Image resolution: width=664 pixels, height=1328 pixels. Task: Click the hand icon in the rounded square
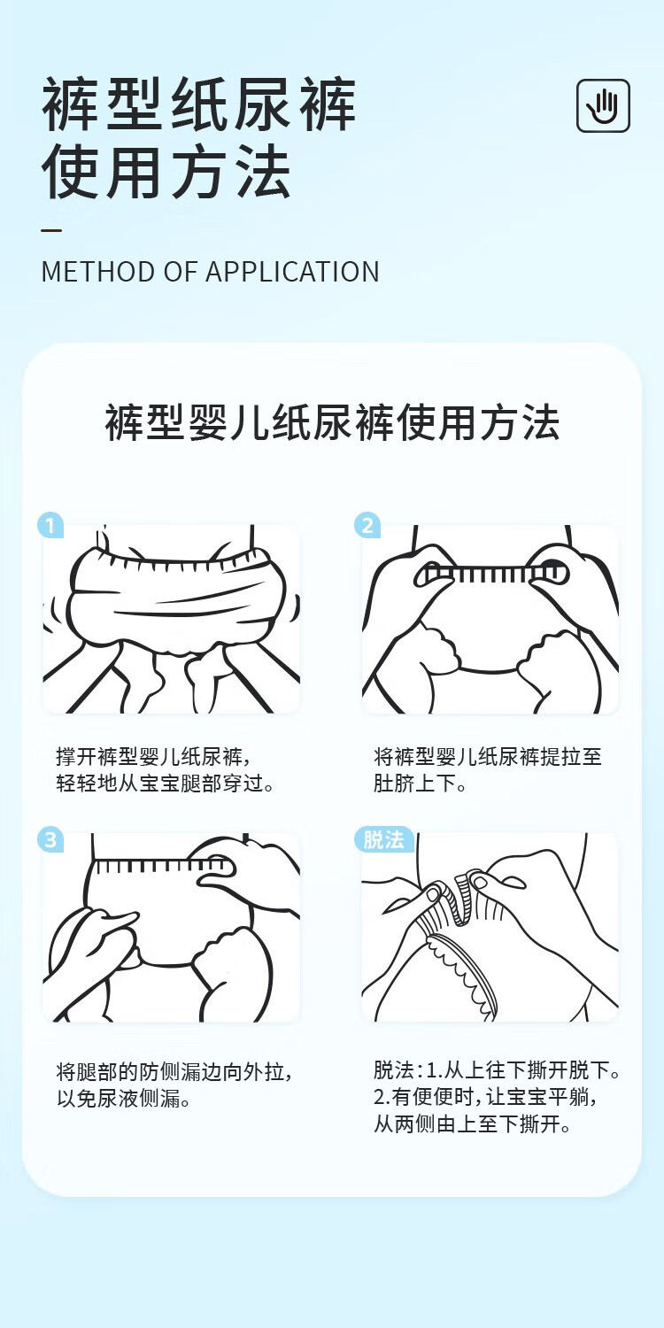pos(603,105)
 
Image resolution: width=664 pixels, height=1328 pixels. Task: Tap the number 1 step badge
pos(51,525)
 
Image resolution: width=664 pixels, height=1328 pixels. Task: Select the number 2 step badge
pos(367,525)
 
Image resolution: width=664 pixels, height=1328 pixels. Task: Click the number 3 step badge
pos(51,839)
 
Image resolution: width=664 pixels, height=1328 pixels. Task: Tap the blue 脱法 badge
pos(383,839)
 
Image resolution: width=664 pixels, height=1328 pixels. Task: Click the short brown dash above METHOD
pos(51,230)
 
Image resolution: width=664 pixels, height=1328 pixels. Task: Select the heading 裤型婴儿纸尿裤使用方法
pos(332,423)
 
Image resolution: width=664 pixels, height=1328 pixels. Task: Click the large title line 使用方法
pos(166,173)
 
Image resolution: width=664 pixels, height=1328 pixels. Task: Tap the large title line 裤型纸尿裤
pos(198,104)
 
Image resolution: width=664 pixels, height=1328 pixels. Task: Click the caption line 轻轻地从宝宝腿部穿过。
pos(166,784)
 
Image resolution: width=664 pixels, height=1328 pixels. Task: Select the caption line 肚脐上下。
pos(420,784)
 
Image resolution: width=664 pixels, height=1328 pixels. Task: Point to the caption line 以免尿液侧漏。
pos(124,1099)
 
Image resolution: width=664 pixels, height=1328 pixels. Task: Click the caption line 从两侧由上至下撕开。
pos(472,1123)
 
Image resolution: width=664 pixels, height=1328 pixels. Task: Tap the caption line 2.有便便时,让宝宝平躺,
pos(485,1097)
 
